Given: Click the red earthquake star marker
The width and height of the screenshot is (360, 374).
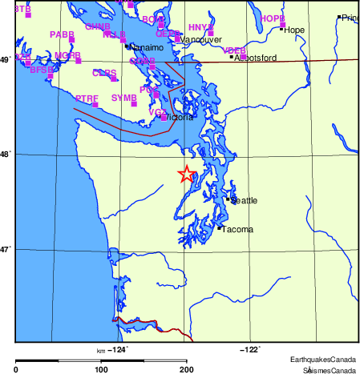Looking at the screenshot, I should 186,174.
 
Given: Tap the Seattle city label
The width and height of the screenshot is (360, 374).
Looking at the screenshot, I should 244,200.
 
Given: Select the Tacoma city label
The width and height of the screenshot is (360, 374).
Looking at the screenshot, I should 237,230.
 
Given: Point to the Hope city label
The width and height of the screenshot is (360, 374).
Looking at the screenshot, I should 294,30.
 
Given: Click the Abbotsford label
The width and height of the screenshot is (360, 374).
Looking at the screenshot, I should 255,58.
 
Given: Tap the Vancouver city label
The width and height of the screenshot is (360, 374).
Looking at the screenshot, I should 201,39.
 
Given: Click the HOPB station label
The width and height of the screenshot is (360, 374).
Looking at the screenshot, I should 273,18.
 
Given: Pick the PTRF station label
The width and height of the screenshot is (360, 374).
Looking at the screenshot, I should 87,98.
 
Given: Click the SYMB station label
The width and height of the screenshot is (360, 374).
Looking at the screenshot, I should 123,98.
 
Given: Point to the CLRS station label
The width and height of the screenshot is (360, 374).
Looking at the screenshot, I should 103,73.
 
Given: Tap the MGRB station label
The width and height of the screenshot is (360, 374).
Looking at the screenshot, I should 67,55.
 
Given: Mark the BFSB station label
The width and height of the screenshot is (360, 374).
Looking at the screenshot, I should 41,70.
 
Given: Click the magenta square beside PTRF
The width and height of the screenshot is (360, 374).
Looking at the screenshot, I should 95,104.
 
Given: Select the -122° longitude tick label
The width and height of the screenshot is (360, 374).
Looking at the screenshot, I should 250,349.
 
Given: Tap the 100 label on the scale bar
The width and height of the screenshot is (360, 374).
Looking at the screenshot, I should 101,369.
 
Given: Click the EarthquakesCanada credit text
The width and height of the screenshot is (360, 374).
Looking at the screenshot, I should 322,359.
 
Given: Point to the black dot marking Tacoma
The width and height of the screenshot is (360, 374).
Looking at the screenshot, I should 219,228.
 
